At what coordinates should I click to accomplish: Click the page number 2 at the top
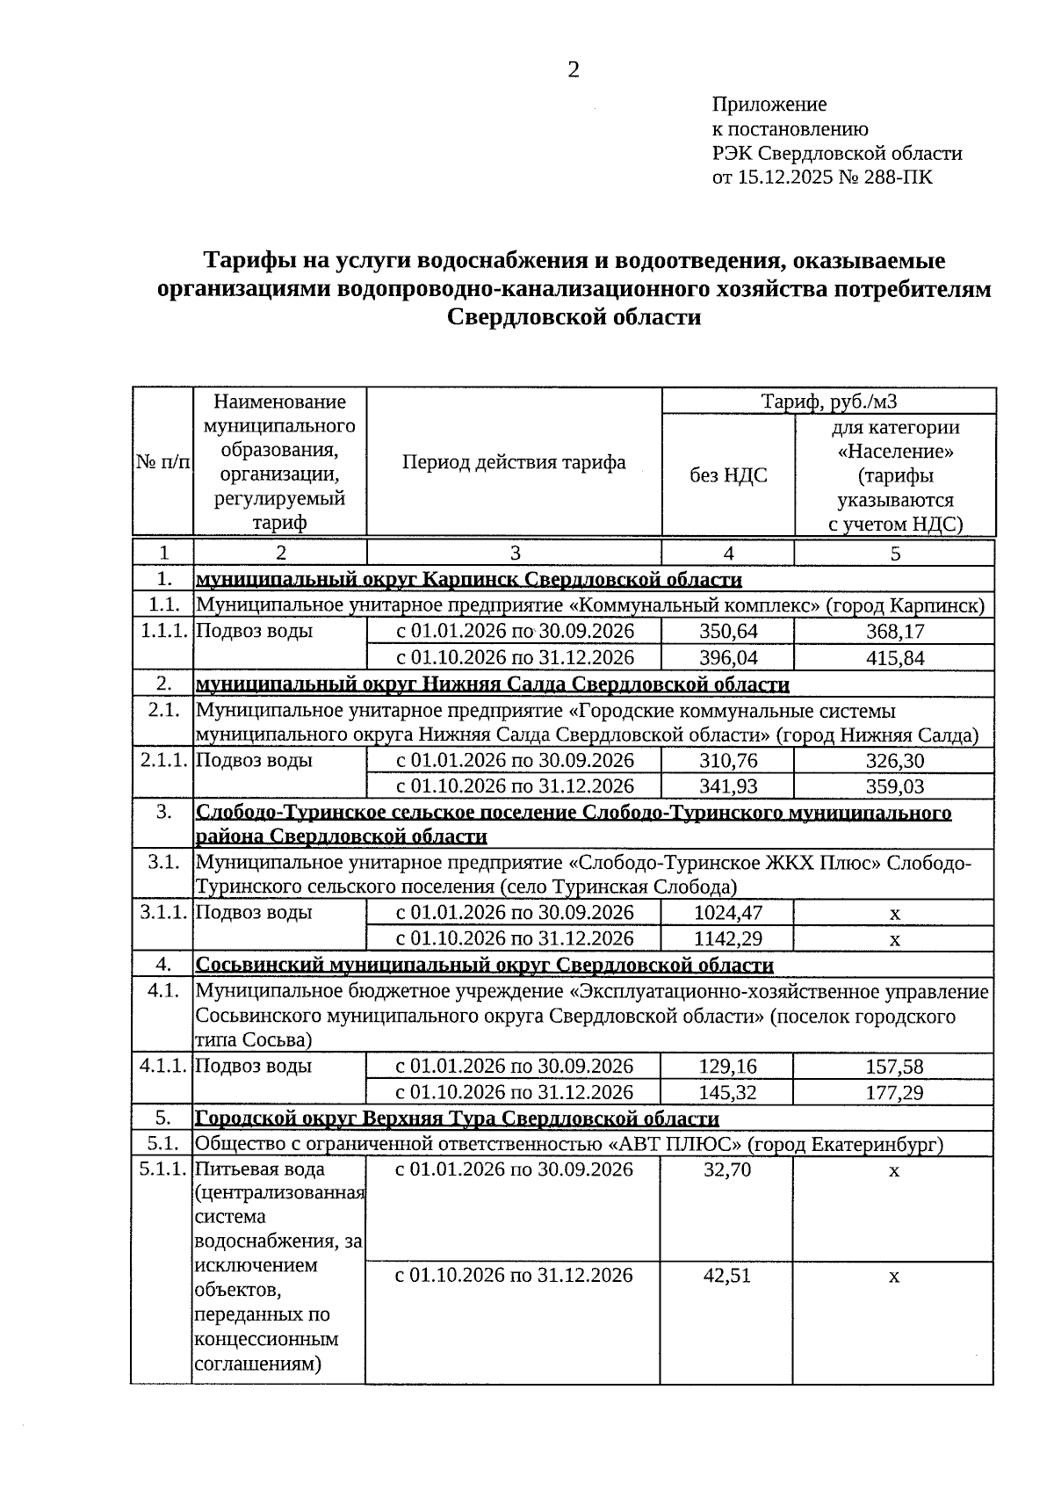point(573,70)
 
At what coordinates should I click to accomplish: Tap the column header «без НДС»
point(728,475)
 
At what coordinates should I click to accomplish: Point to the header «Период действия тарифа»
point(514,462)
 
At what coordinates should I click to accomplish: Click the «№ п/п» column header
point(162,462)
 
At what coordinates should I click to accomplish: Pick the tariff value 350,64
point(728,632)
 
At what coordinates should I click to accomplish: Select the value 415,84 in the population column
point(895,658)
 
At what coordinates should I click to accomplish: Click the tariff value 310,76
point(728,761)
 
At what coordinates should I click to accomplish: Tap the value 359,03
point(895,786)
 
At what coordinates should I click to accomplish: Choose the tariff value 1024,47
point(728,913)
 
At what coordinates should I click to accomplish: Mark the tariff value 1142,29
point(728,938)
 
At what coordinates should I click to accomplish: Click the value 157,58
point(894,1067)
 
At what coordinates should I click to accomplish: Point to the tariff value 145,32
point(727,1092)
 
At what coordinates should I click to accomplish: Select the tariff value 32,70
point(727,1169)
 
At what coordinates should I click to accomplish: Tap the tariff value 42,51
point(727,1275)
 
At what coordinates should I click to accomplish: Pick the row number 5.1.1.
point(162,1169)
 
